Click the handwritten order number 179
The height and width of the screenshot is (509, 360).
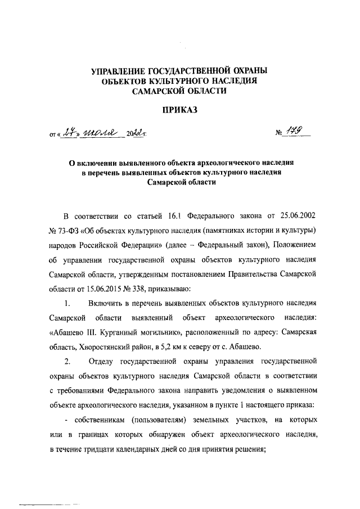tap(294, 132)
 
